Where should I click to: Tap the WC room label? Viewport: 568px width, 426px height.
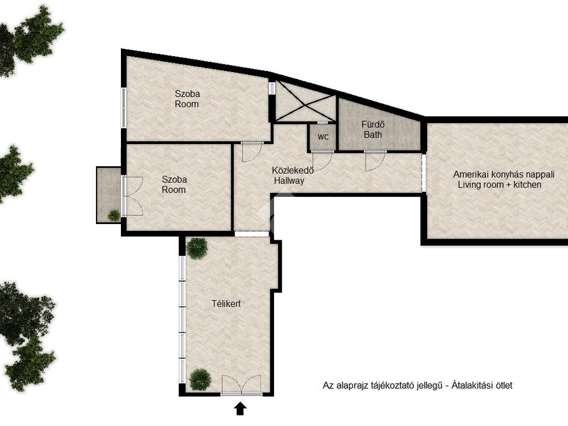point(323,137)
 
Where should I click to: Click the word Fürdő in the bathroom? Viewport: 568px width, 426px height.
point(373,124)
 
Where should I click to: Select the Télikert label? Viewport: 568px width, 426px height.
point(226,303)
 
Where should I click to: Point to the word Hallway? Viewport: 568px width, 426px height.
point(289,180)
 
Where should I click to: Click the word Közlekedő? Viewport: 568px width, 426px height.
point(293,170)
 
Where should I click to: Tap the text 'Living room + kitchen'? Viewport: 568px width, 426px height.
point(500,184)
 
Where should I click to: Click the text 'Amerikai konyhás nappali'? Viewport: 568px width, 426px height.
point(504,174)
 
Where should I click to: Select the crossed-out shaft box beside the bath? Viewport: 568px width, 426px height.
point(305,102)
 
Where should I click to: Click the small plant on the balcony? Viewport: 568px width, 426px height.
point(114,215)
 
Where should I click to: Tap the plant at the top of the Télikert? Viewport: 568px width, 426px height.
point(197,248)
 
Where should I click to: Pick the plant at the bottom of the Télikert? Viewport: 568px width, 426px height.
point(200,379)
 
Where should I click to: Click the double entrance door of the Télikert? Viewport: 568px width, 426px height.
point(241,385)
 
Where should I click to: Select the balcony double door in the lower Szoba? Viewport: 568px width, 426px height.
point(133,196)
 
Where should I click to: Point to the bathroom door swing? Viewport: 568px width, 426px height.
point(376,161)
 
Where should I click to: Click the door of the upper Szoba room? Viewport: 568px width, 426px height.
point(252,152)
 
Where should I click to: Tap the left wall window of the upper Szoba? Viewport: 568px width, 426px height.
point(124,107)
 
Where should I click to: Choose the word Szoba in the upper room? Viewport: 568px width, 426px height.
point(187,93)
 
